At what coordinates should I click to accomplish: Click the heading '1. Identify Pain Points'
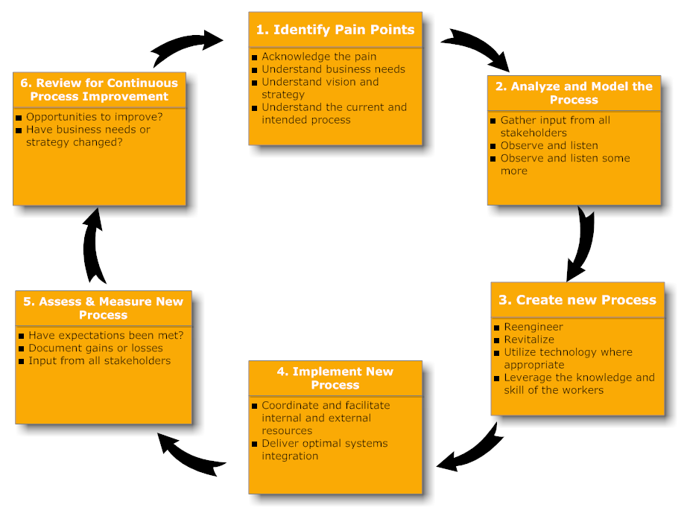point(335,30)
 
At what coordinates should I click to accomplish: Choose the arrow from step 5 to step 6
point(95,246)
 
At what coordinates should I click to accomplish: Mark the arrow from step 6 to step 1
point(186,46)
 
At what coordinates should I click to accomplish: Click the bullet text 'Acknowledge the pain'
point(319,57)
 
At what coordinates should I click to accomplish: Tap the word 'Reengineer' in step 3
point(533,327)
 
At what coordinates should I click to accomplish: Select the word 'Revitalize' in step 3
point(529,340)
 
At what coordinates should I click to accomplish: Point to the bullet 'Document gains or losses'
point(95,348)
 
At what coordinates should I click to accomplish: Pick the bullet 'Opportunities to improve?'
point(95,117)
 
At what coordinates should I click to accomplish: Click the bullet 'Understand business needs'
point(333,69)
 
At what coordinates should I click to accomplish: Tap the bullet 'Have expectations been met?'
point(106,335)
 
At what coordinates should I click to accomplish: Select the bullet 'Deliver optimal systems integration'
point(324,450)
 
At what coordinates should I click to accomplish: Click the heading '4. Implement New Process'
point(335,378)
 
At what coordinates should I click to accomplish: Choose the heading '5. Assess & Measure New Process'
point(104,308)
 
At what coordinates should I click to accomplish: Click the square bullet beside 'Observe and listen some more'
point(493,159)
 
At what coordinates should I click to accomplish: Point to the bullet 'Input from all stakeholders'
point(100,360)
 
